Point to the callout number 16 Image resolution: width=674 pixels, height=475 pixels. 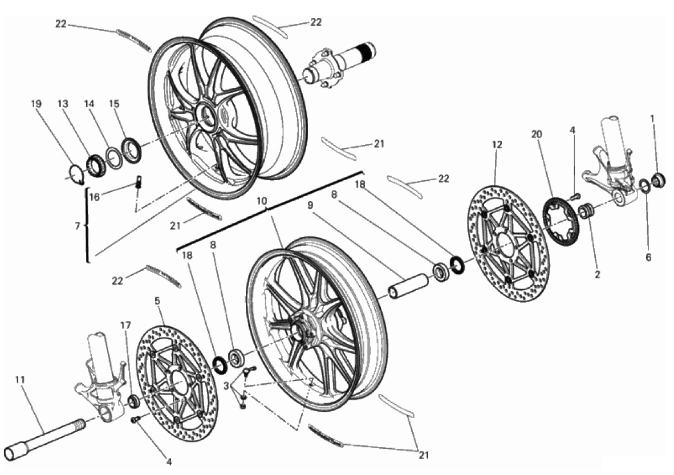94,197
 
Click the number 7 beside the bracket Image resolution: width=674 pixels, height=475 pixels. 78,226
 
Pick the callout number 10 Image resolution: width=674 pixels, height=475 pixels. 262,201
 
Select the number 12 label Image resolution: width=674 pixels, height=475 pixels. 497,145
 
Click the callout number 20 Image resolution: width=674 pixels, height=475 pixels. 536,134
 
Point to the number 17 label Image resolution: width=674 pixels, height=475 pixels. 125,325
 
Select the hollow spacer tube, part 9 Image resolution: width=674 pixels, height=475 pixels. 409,286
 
